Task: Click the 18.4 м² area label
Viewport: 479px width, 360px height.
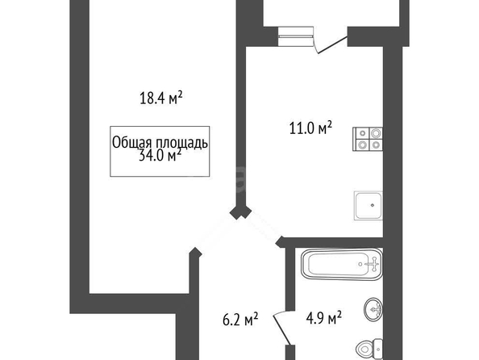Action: (161, 98)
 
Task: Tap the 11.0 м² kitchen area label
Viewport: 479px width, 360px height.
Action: (310, 128)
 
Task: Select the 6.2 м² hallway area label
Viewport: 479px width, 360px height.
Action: (240, 320)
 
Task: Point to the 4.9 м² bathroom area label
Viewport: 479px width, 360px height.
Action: (323, 318)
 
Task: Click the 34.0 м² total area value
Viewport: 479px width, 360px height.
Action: (160, 155)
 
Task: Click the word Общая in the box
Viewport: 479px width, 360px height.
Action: (132, 143)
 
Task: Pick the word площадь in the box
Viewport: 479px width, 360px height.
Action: (182, 143)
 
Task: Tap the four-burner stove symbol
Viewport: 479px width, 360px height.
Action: (368, 139)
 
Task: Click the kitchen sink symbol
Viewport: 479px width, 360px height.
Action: (368, 206)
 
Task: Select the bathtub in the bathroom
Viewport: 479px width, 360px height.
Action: (342, 264)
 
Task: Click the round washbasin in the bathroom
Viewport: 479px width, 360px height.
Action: (373, 309)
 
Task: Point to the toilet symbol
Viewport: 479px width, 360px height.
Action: (369, 349)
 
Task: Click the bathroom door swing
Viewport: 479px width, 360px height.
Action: (282, 327)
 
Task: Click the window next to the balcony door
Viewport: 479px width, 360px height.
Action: (296, 36)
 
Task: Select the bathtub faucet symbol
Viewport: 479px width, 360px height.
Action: (373, 264)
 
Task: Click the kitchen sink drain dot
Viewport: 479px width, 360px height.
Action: (372, 205)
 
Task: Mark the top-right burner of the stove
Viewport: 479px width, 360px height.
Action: (376, 133)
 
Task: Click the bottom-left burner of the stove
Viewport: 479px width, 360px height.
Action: (362, 145)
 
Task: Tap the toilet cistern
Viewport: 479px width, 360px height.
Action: (379, 349)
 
